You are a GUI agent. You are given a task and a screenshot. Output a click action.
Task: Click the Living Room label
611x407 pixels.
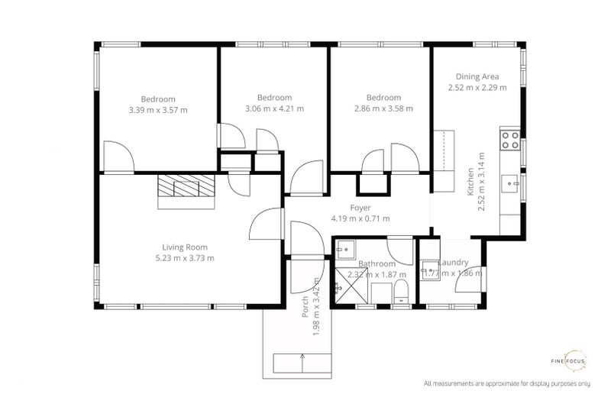[185, 247]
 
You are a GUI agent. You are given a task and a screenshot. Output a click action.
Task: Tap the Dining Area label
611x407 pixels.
[477, 76]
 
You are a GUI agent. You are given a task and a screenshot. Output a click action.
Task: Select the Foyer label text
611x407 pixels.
[360, 208]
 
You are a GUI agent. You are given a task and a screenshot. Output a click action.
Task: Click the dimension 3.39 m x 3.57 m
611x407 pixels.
[158, 110]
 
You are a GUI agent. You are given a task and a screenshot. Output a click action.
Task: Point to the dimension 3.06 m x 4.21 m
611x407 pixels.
[274, 108]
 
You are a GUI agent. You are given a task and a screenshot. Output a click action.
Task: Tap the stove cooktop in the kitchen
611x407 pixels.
[509, 140]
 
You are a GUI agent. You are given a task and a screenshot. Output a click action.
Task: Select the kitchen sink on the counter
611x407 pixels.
[509, 182]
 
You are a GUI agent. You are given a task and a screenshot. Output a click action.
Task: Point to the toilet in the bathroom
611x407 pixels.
[401, 291]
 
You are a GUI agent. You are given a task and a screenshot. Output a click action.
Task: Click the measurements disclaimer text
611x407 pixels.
[507, 383]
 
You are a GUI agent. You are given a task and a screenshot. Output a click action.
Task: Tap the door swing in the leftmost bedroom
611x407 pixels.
[118, 157]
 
